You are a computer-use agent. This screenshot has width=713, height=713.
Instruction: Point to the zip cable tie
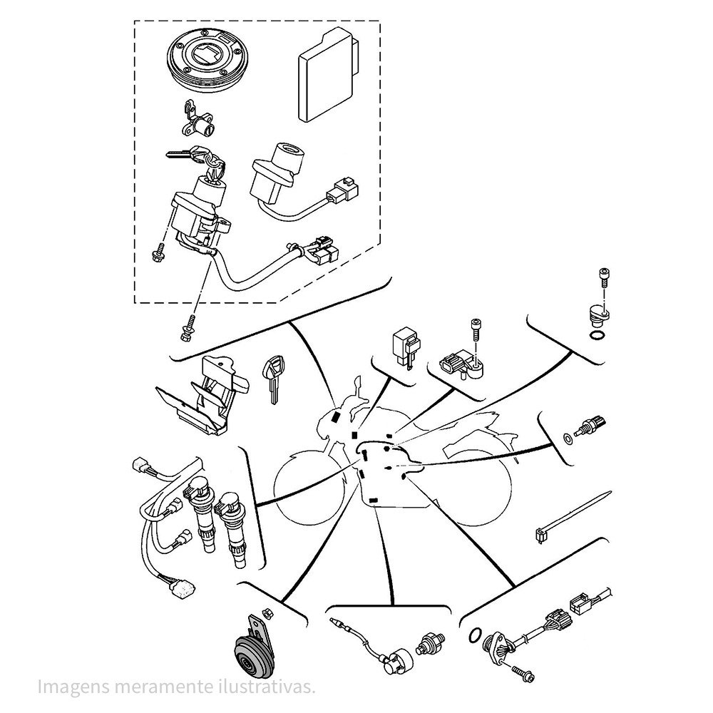[x=570, y=517]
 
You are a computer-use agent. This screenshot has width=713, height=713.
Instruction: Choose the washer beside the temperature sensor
[x=568, y=436]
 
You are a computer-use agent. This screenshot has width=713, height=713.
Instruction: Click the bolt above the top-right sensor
[x=604, y=278]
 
